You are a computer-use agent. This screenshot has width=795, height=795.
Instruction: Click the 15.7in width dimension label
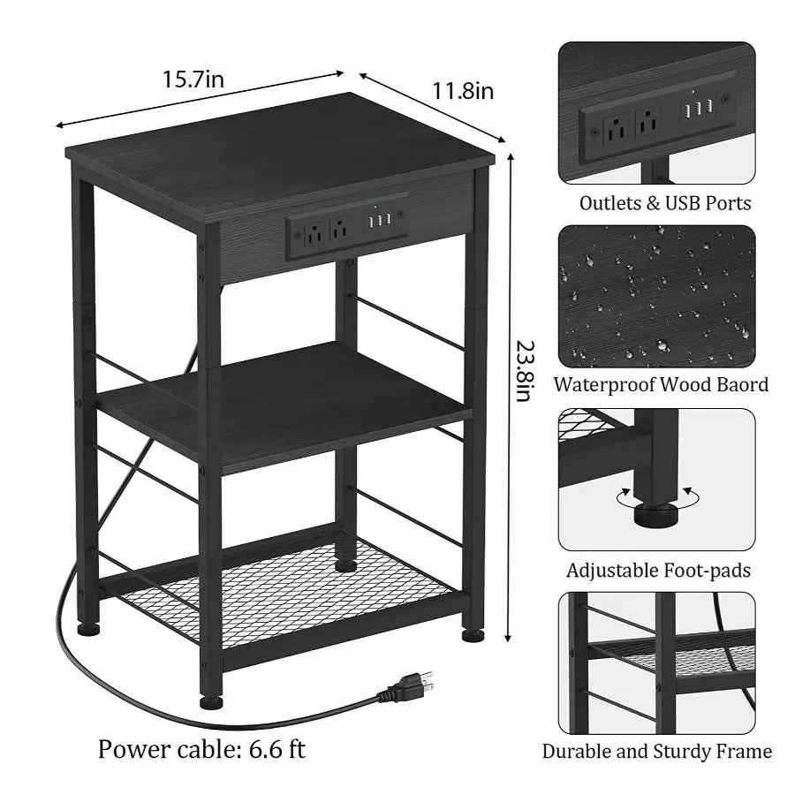coord(193,79)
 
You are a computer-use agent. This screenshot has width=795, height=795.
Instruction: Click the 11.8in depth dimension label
coord(462,89)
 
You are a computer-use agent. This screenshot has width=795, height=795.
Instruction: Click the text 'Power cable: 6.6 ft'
coord(201,749)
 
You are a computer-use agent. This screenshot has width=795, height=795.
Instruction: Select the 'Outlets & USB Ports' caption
coord(665,203)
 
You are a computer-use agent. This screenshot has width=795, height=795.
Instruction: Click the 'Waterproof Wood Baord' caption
coord(661,384)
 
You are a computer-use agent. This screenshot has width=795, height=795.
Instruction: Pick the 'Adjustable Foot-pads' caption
coord(658,571)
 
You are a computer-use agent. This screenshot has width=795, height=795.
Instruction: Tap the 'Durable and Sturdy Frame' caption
coord(656,752)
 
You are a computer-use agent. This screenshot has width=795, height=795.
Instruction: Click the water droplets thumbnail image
coord(656,296)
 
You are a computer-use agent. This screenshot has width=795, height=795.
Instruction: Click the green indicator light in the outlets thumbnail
coord(693,90)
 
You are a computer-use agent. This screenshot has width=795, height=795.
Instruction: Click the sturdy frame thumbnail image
coord(656,662)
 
